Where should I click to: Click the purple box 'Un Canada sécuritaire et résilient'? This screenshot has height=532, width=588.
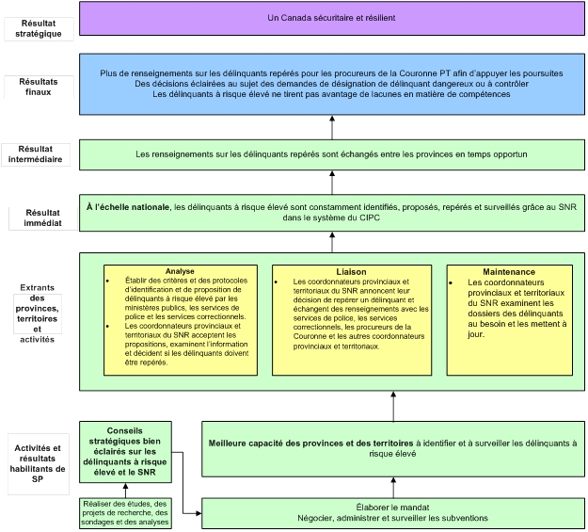332,19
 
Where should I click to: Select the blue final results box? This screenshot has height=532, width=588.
332,84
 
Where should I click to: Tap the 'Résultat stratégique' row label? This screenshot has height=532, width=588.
39,28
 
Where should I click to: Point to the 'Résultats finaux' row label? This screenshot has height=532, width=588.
39,87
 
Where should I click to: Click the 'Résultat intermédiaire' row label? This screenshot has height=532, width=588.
35,153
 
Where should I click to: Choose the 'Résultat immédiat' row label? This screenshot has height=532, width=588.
42,218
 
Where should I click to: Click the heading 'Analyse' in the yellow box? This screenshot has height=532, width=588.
180,271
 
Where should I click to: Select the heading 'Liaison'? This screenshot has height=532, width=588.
351,272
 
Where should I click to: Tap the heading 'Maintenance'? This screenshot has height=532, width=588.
509,272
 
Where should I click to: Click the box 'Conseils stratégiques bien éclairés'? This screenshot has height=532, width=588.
125,452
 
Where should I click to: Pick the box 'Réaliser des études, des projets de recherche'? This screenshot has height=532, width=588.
125,513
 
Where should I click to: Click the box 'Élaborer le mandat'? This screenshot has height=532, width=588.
393,513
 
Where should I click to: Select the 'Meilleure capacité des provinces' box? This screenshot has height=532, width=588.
393,448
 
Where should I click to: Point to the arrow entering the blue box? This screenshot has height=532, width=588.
332,128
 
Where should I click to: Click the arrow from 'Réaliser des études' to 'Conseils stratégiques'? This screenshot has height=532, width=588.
125,491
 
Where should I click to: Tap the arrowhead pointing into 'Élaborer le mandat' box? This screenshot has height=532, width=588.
199,513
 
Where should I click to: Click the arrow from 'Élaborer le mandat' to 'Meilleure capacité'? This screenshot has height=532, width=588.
393,488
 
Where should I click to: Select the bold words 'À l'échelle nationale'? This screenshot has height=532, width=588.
128,207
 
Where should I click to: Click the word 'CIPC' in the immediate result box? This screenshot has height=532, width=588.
370,218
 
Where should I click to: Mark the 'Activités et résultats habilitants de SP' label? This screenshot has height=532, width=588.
38,463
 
